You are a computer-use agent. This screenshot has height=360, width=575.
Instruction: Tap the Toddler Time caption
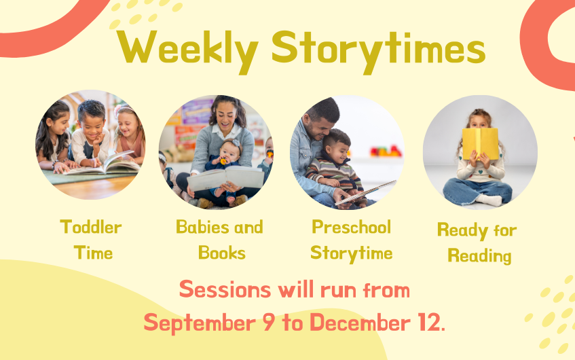point(92,240)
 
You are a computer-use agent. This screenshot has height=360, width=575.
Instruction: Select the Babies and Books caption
point(220,240)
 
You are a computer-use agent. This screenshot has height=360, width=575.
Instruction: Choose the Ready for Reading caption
point(477,242)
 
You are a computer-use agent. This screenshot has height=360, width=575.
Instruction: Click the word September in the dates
point(200,323)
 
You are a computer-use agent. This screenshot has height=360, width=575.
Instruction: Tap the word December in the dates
point(360,322)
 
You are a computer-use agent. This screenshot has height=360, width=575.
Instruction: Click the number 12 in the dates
point(430,322)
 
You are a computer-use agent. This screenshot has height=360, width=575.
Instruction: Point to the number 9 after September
point(268,322)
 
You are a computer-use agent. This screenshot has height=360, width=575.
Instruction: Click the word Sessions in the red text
point(225,289)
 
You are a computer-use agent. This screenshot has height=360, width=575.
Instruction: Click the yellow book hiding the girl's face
point(481,143)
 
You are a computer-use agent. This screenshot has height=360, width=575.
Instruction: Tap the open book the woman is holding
point(226,178)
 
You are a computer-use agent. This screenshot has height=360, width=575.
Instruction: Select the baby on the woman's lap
point(224,169)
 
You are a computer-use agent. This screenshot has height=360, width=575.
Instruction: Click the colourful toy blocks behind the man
point(386,151)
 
